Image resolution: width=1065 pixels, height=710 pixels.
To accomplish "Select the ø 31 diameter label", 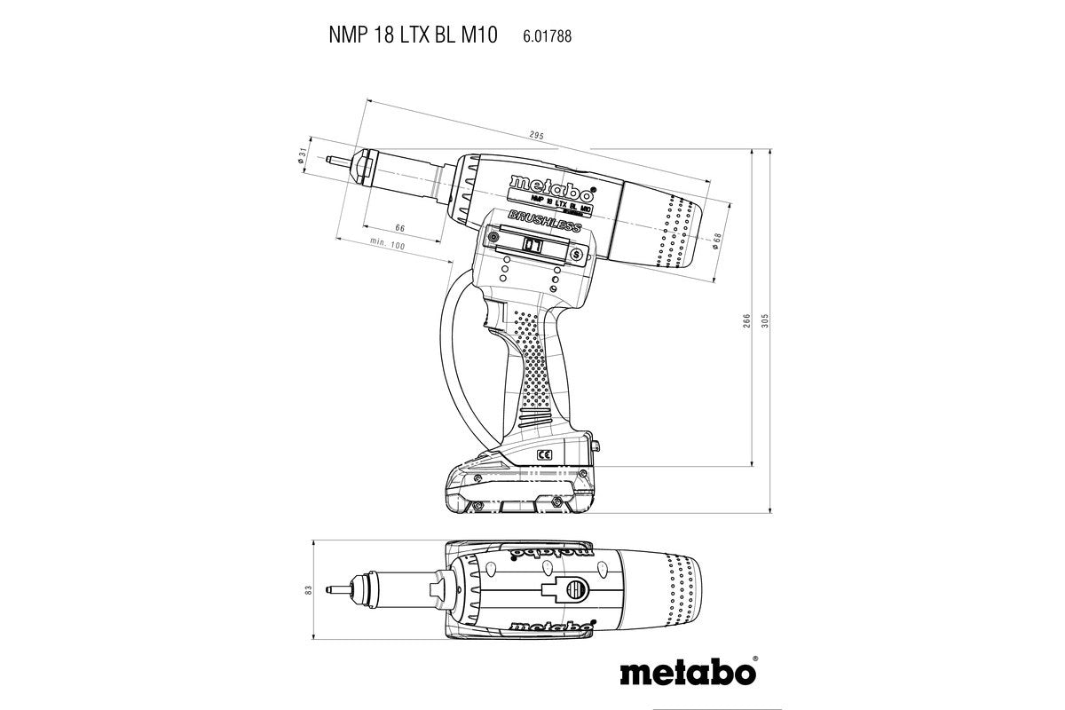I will [x=303, y=156].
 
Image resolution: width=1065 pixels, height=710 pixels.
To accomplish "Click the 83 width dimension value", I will [x=307, y=590].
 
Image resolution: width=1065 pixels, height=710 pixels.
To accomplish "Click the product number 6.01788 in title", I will [x=536, y=36].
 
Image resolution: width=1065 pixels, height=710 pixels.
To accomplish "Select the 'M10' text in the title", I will [x=479, y=35].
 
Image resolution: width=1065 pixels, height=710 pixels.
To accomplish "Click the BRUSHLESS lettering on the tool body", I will [x=544, y=222].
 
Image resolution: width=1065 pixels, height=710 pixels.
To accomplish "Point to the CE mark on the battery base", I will [x=544, y=454].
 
